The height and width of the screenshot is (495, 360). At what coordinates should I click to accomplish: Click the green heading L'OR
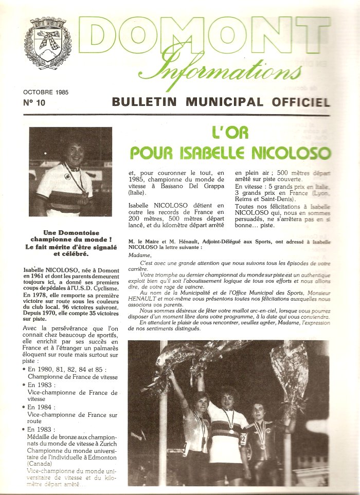(x=230, y=134)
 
